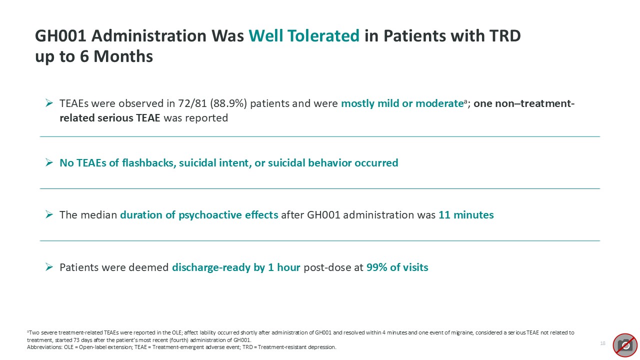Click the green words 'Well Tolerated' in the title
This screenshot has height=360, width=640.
(x=304, y=36)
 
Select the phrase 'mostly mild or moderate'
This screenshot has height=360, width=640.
(x=401, y=104)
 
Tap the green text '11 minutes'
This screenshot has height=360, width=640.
(x=466, y=215)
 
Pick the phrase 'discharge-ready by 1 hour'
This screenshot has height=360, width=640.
(x=236, y=267)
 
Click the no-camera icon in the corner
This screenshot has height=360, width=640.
(x=625, y=344)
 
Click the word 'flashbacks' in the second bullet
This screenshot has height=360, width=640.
(x=146, y=163)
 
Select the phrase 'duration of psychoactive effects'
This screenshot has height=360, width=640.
(x=199, y=215)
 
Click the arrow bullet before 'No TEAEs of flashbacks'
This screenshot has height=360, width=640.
(x=49, y=163)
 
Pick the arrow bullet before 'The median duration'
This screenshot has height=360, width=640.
(x=49, y=215)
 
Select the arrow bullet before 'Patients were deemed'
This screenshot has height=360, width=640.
(x=49, y=267)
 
